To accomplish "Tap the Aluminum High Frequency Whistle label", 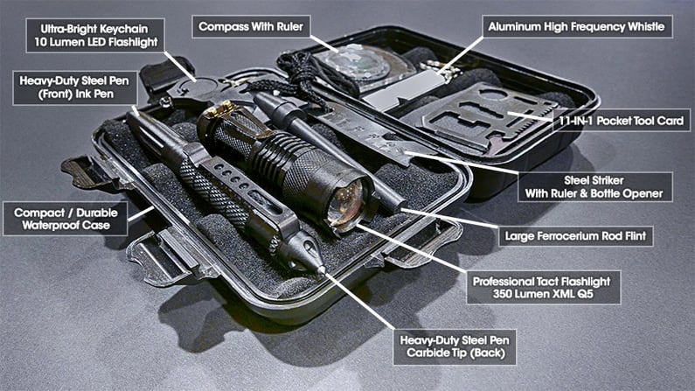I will coord(579,27).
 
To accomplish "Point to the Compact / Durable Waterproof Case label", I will coord(66,218).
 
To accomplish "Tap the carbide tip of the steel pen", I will coord(320,270).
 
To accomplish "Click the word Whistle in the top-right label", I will coord(642,27).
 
